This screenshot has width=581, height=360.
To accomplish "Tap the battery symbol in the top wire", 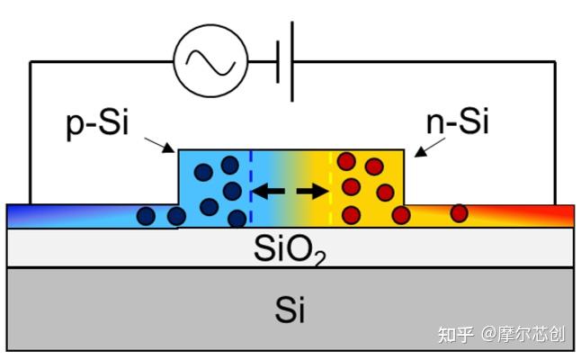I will (x=285, y=60).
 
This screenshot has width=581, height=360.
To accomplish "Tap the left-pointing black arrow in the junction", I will (x=265, y=190).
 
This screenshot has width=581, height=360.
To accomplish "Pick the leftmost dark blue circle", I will (x=147, y=215).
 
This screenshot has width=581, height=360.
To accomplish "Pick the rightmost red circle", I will (x=459, y=213).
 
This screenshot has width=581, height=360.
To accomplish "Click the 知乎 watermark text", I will (x=452, y=335).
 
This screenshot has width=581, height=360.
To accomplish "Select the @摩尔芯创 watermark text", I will (x=523, y=335).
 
